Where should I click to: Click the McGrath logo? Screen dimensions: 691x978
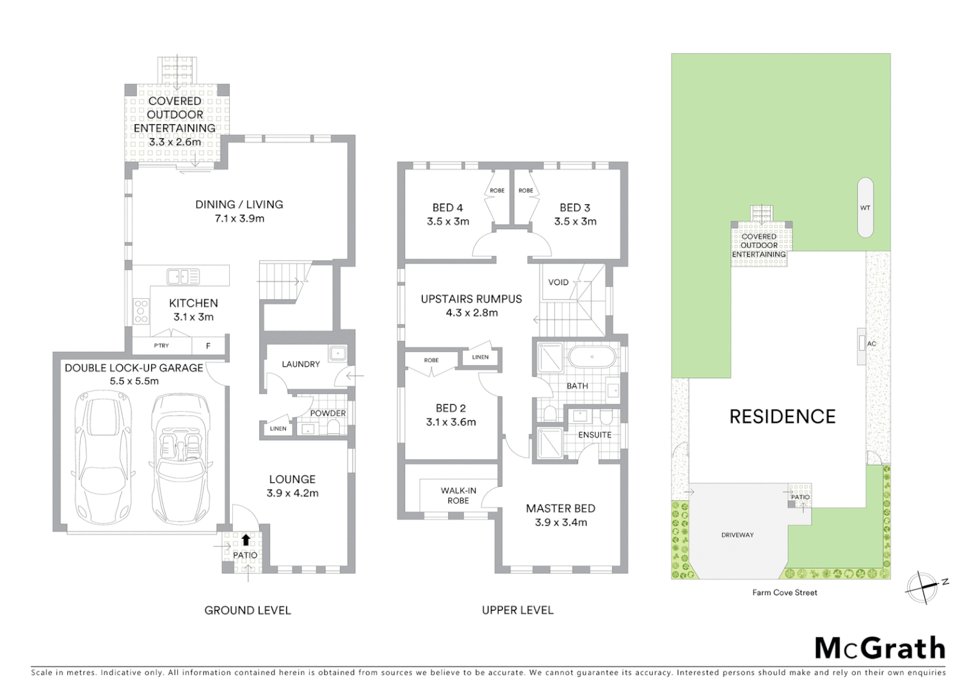880,648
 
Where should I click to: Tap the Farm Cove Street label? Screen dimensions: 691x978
785,592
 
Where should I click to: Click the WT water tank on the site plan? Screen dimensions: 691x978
865,207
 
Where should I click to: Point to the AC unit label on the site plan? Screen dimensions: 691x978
871,344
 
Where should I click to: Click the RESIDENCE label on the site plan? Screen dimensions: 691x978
783,417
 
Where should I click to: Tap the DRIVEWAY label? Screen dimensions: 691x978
737,535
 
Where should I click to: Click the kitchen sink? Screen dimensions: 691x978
183,277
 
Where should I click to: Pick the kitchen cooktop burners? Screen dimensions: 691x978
141,312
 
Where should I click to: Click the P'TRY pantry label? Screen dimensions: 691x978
161,346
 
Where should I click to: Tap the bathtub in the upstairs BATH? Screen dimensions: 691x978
592,358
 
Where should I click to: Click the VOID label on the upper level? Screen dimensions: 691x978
558,282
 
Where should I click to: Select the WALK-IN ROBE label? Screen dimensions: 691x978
458,496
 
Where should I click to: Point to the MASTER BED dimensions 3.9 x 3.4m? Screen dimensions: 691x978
561,522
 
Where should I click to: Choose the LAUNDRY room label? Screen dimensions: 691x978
301,364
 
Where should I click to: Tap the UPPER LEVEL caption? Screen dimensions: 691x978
518,610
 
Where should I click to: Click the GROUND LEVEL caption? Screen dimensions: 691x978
248,610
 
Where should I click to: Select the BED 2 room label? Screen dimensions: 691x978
451,408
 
